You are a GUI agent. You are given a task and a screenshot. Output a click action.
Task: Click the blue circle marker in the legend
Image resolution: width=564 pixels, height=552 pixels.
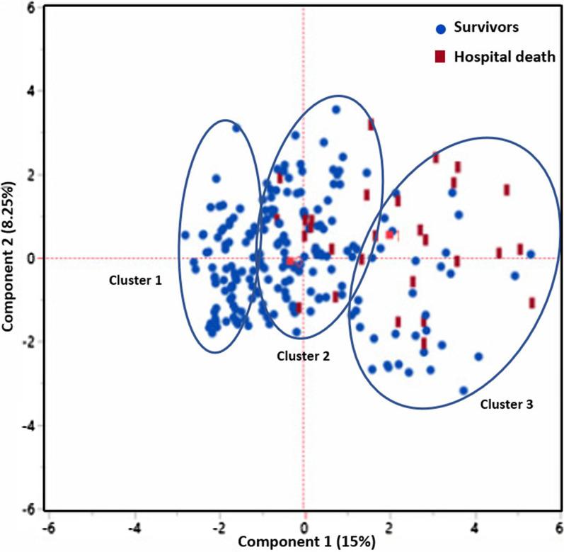440,29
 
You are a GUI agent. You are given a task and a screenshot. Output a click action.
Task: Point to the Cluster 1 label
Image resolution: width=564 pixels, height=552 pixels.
135,280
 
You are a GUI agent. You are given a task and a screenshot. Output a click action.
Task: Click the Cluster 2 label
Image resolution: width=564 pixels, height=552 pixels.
303,354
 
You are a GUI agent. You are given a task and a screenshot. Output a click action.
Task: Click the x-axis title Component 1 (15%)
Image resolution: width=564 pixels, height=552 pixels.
306,542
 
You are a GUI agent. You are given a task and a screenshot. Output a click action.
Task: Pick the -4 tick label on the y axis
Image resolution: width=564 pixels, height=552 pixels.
30,426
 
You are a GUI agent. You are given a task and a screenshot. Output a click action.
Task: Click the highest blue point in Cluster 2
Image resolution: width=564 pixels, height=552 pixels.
336,110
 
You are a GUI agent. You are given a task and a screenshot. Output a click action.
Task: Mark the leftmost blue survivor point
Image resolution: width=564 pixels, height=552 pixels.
185,235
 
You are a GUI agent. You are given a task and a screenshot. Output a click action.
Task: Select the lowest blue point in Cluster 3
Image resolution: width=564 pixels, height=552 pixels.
464,390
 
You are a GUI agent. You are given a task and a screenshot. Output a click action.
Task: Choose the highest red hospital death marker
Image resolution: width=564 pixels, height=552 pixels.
371,124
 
